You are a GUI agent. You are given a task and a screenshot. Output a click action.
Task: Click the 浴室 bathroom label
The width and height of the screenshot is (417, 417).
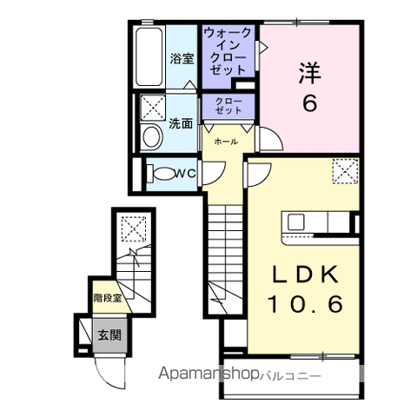tap(182, 59)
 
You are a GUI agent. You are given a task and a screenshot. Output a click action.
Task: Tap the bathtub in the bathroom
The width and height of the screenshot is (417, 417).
tap(149, 56)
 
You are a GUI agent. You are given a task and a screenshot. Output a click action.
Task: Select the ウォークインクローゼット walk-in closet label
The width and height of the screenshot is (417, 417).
tap(228, 51)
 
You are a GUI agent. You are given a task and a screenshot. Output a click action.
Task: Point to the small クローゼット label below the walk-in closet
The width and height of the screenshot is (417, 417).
tap(228, 106)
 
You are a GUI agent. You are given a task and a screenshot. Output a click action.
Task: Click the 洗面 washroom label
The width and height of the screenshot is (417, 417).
tap(181, 123)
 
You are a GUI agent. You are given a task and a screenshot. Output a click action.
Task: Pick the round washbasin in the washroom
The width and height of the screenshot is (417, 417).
tap(151, 137)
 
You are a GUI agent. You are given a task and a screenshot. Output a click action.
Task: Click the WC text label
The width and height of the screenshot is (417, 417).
tap(185, 174)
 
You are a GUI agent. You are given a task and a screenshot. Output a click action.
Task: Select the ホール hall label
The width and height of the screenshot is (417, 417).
tap(226, 142)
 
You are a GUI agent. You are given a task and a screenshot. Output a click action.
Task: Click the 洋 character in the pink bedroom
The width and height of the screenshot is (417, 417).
tap(310, 73)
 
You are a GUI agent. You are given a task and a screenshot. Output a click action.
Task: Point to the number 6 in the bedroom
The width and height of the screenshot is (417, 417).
tap(309, 103)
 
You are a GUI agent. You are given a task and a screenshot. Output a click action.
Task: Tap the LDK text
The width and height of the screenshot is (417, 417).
tap(305, 274)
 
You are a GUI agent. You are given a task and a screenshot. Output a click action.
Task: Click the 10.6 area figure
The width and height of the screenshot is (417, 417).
tap(306, 304)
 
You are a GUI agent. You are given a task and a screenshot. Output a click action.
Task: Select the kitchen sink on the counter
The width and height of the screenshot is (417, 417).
tap(295, 222)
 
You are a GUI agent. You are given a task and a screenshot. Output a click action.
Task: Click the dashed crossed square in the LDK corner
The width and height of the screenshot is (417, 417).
tap(345, 171)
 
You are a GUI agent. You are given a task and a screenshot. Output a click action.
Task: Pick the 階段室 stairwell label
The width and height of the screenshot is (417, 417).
tap(107, 298)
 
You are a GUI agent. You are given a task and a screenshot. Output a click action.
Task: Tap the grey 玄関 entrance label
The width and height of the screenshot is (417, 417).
tap(109, 335)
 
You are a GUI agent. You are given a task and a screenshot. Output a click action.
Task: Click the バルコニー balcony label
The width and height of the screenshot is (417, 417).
tap(290, 376)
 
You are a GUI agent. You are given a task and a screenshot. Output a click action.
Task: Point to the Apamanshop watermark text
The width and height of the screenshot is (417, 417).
tap(208, 374)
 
